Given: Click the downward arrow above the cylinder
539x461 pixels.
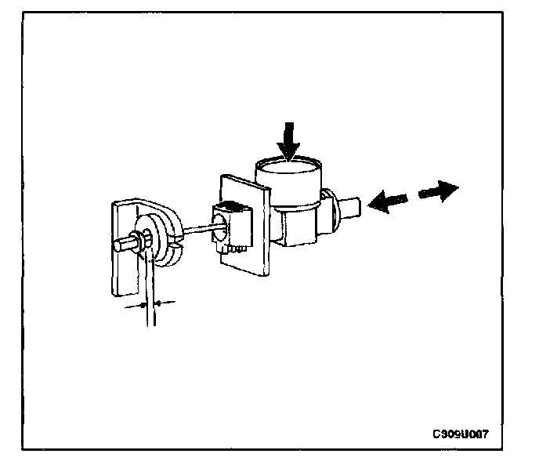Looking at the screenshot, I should pos(290,141).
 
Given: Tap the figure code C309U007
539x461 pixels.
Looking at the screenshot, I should pos(465,433).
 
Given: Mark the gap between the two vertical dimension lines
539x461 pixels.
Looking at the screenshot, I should pos(150,303).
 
